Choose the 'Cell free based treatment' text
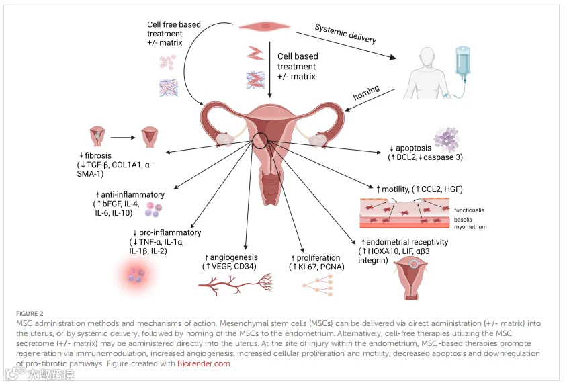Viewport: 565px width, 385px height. coord(173,34)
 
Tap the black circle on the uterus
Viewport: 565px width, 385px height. coord(260,141)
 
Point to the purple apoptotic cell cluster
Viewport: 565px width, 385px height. coord(446,137)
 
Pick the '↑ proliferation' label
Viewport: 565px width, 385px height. coord(315,257)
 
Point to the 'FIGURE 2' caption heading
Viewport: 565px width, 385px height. coord(31,314)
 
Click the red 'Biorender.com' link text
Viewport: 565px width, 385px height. coord(204,363)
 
